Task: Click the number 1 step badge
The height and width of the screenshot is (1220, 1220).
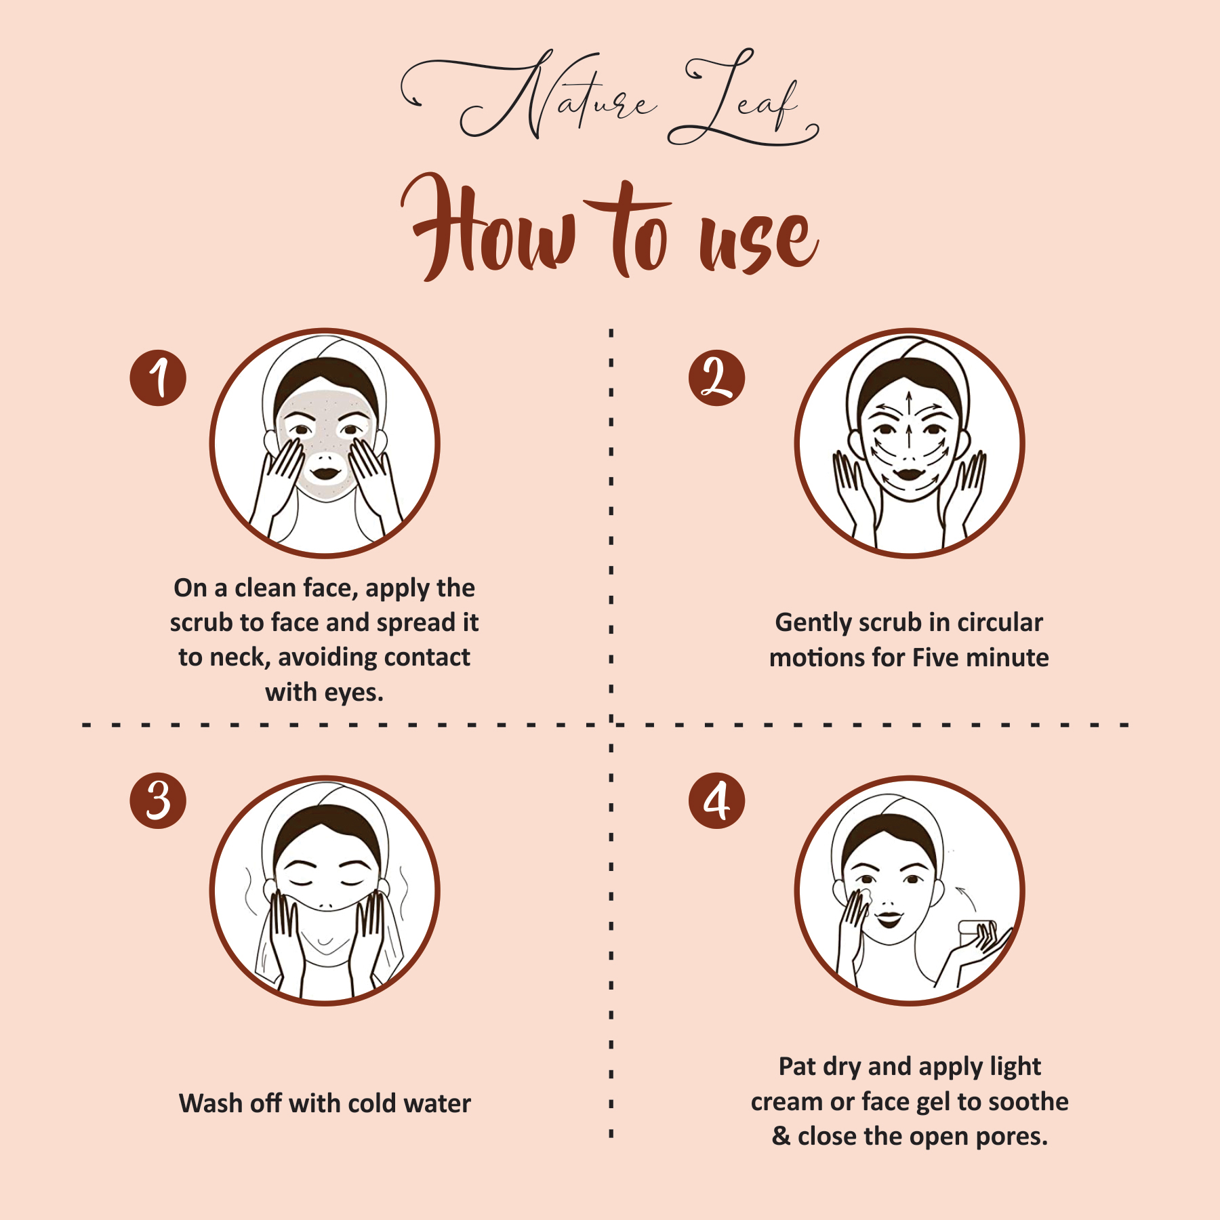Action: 158,378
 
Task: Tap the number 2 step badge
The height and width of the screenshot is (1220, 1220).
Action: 716,378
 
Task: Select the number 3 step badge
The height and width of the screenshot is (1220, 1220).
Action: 158,800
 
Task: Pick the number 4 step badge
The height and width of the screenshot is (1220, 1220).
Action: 716,800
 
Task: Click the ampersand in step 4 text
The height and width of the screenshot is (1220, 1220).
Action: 781,1136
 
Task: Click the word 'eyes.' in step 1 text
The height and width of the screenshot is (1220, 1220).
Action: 354,693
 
